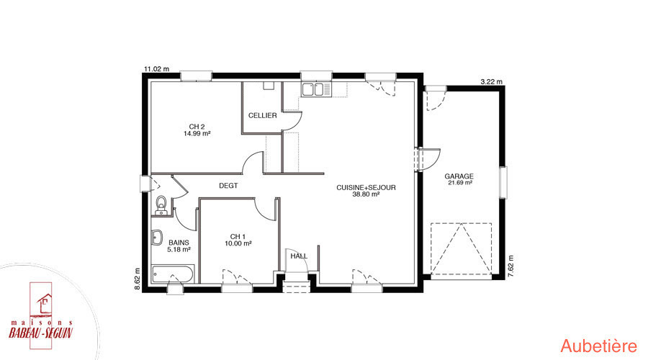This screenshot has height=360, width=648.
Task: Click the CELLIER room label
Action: coord(262,115)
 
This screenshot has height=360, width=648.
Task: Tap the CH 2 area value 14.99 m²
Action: coord(197,133)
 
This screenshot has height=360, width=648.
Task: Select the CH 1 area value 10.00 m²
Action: coord(238,243)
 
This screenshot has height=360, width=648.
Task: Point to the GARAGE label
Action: coord(459,176)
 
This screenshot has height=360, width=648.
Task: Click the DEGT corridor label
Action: coord(228,186)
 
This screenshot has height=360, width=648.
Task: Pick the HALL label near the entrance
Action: coord(299,256)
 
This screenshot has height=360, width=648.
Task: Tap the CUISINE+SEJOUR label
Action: coord(366,187)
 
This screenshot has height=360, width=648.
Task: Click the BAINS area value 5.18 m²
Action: coord(179,250)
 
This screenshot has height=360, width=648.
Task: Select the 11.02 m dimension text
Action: coord(156,69)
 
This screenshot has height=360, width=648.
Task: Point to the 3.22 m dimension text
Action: coord(491,82)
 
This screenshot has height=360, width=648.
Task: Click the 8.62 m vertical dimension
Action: coord(138,279)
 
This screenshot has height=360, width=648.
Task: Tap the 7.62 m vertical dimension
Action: coord(510,266)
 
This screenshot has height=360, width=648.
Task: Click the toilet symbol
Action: coord(161,206)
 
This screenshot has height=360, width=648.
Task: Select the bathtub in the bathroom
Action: coord(172,274)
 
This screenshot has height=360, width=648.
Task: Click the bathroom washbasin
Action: coord(157,238)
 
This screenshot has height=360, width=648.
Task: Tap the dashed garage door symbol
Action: coord(462,249)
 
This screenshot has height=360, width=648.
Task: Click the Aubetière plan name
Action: coord(599,346)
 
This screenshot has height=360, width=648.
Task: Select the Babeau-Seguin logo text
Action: coord(41,333)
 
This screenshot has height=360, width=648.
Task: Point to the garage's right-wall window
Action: coord(503,183)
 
